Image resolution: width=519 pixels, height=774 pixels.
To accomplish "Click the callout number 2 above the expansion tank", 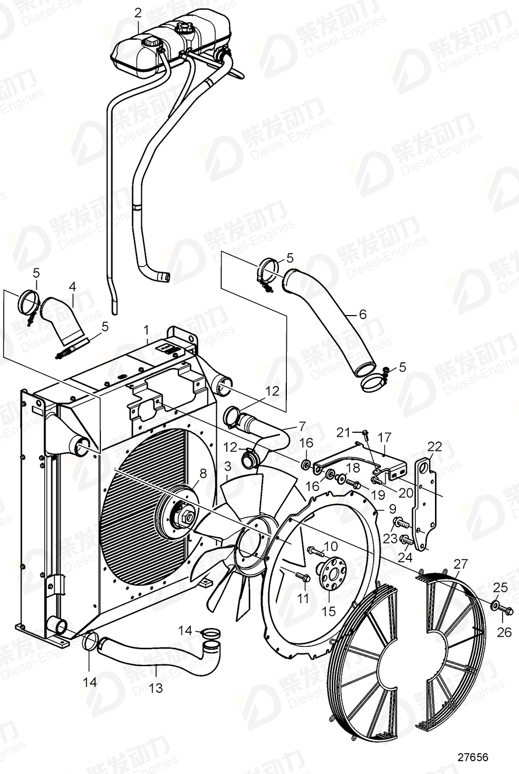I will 138,12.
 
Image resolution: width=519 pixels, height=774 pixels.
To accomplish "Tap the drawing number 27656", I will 472,758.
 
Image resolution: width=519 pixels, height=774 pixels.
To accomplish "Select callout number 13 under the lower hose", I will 156,688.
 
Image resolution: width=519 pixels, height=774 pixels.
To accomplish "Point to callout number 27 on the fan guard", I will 461,563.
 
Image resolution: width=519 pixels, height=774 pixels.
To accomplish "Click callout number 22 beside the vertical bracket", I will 434,447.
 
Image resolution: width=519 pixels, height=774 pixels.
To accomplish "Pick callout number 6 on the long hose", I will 362,314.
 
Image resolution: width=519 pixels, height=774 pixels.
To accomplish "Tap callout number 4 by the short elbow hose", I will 72,286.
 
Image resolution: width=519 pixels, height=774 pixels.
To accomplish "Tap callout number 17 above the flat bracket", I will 384,436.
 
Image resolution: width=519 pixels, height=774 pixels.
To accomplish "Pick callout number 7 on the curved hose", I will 301,425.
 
